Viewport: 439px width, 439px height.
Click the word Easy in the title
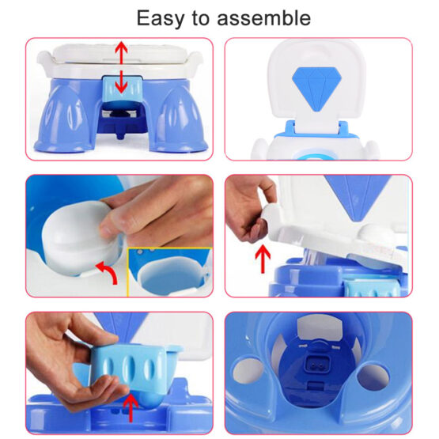(x=160, y=19)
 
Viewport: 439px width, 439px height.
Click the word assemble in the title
(x=263, y=18)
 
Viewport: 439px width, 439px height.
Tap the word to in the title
(x=200, y=18)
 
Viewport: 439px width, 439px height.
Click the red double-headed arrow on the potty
(x=121, y=67)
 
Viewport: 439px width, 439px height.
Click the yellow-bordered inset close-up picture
(x=169, y=272)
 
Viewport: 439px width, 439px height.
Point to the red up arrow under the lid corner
(x=263, y=259)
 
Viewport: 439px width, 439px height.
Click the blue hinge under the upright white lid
(x=316, y=130)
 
